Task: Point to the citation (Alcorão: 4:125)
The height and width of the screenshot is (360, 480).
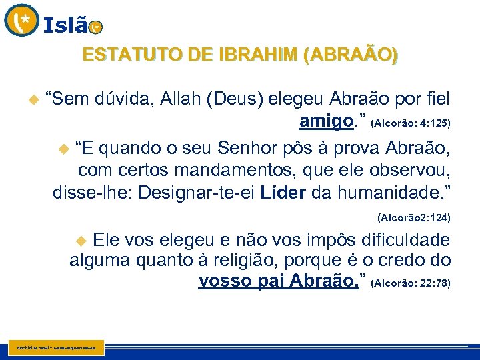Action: click(x=411, y=123)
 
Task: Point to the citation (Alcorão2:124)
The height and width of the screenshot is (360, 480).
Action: click(x=413, y=218)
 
